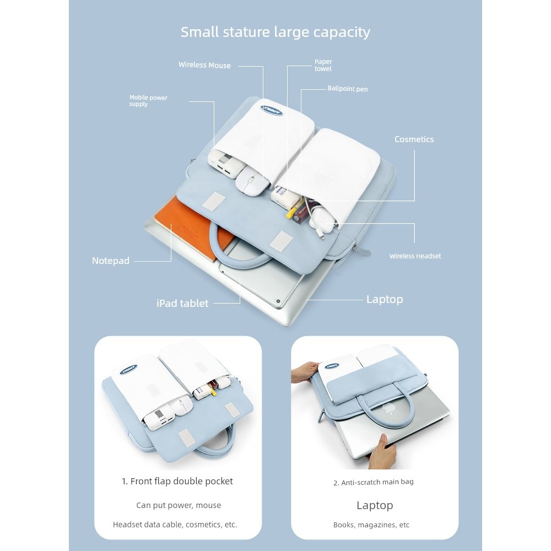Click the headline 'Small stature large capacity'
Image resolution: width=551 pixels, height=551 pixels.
275,33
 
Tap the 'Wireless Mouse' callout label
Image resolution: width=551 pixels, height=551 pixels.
204,65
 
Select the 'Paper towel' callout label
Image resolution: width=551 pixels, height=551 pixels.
323,65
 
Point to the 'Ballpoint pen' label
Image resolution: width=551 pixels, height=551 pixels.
348,89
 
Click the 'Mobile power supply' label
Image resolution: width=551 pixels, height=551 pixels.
148,100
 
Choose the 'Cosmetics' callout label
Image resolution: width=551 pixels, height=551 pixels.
414,139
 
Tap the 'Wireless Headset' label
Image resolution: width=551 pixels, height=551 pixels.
415,256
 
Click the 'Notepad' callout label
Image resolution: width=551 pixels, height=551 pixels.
110,261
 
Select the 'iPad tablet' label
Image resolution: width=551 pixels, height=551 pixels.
182,303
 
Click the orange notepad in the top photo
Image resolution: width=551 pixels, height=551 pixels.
186,225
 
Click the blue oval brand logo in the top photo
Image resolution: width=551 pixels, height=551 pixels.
272,110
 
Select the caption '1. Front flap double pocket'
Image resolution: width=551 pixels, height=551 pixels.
177,481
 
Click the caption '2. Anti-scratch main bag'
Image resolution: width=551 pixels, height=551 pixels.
373,482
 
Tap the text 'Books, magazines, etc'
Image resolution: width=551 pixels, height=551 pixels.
371,525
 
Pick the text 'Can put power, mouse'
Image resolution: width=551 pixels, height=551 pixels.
179,505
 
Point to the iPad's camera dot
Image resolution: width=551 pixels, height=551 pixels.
278,301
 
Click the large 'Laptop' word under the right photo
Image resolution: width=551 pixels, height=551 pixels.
375,505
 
